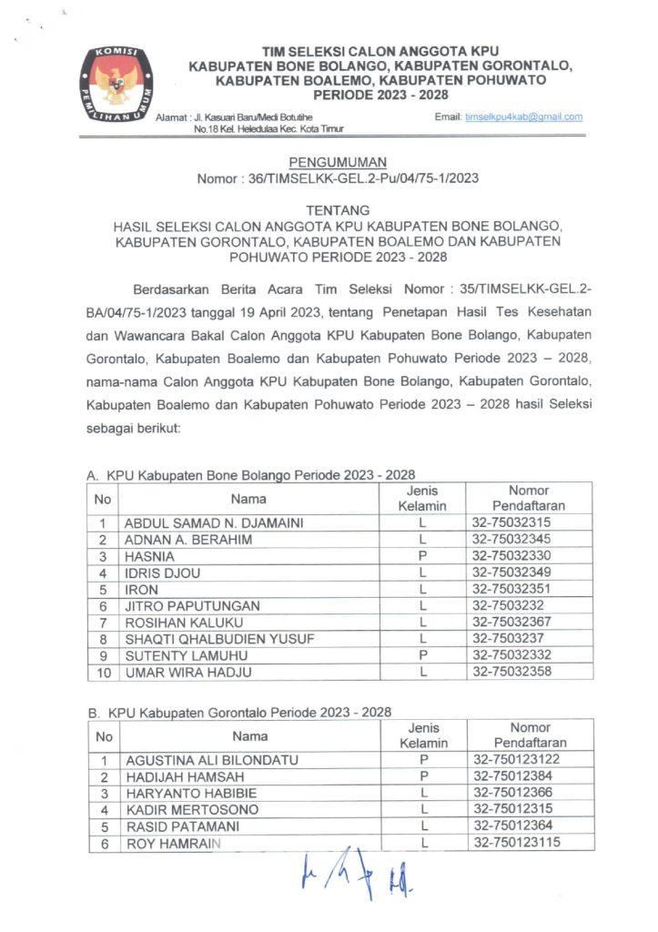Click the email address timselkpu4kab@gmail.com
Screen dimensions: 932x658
(523, 117)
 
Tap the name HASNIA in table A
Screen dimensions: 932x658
(149, 556)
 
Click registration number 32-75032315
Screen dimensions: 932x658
(511, 522)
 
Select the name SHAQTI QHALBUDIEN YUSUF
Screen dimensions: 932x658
(219, 639)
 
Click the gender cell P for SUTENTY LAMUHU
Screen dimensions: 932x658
(423, 656)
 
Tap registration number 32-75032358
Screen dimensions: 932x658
(511, 673)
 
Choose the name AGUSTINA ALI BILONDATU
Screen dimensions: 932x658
(212, 759)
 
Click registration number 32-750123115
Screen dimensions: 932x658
(517, 842)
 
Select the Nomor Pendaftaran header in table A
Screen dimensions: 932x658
(529, 498)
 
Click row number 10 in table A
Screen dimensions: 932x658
(104, 673)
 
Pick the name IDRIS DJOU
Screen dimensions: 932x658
(162, 573)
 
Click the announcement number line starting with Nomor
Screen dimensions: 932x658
(338, 178)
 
